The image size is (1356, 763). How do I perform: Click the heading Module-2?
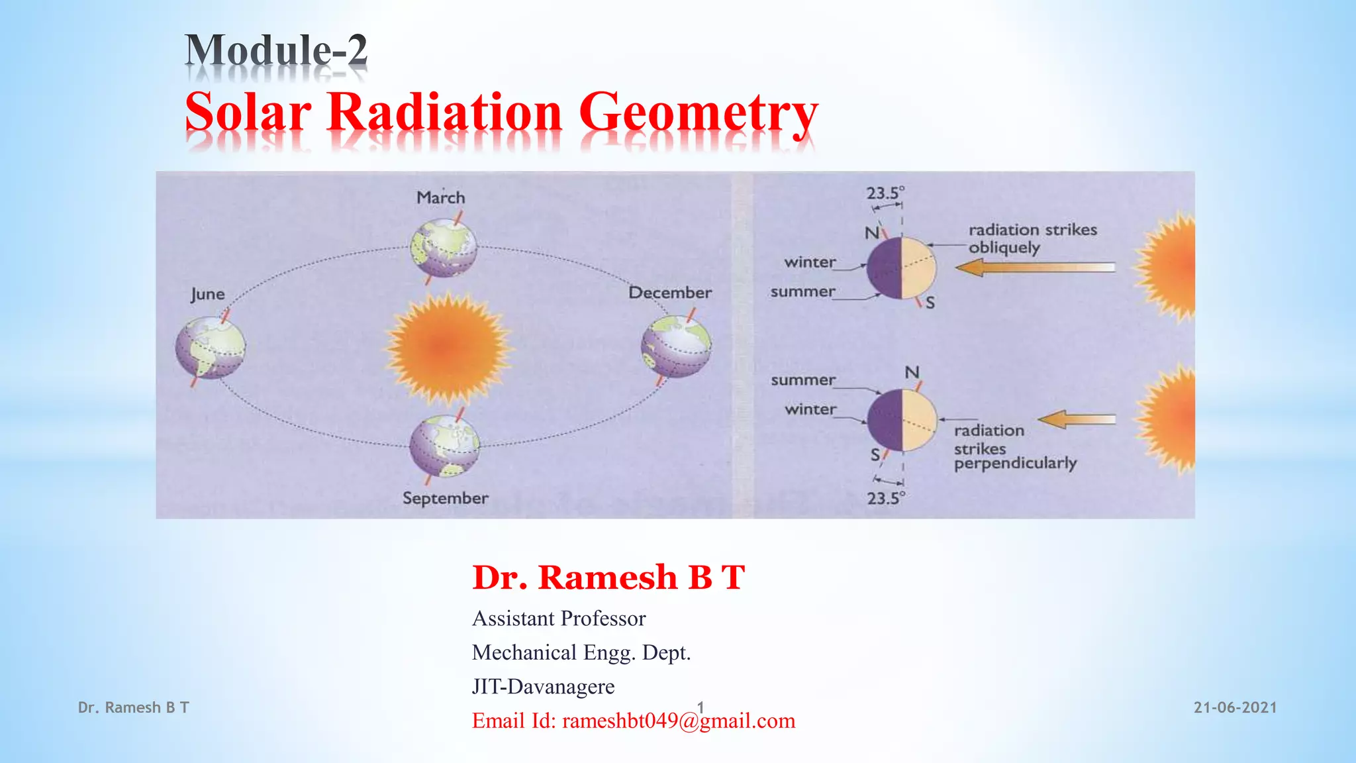[x=275, y=50]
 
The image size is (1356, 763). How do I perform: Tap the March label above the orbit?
[x=440, y=197]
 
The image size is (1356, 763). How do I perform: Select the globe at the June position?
[x=210, y=347]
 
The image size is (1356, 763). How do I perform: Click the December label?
[x=669, y=293]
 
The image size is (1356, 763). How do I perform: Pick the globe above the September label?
[x=444, y=446]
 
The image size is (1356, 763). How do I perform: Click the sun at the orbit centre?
[x=447, y=347]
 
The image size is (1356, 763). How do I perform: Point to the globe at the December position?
[x=676, y=346]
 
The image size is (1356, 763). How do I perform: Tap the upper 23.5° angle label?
[x=885, y=193]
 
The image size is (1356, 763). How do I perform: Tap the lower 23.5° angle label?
[x=885, y=498]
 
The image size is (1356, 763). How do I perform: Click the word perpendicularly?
[x=1014, y=463]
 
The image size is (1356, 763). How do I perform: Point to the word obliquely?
[x=1004, y=248]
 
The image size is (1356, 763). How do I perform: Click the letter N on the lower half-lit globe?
[x=912, y=373]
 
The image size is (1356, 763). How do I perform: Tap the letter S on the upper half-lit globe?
[x=930, y=303]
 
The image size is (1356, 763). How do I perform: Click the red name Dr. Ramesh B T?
[x=608, y=577]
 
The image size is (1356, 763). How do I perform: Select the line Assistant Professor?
[x=558, y=619]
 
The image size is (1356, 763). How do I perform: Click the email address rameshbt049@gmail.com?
[x=678, y=721]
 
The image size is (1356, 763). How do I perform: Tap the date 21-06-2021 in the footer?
[x=1234, y=707]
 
